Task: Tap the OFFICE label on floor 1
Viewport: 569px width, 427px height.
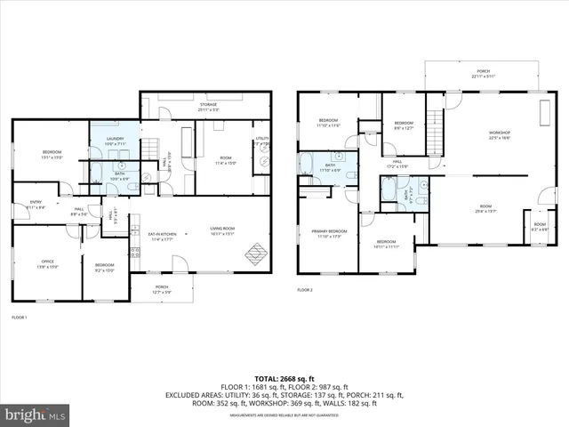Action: [47, 265]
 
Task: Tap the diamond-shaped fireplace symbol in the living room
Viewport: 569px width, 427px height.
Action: [255, 251]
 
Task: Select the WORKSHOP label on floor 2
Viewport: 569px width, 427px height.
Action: [499, 134]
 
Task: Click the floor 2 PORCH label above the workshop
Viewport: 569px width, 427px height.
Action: [483, 73]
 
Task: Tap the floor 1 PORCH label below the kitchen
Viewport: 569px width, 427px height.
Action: [162, 287]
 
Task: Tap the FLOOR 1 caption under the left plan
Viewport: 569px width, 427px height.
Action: [20, 318]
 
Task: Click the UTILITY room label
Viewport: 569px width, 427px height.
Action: [262, 140]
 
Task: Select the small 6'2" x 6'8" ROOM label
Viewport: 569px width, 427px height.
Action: [540, 225]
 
